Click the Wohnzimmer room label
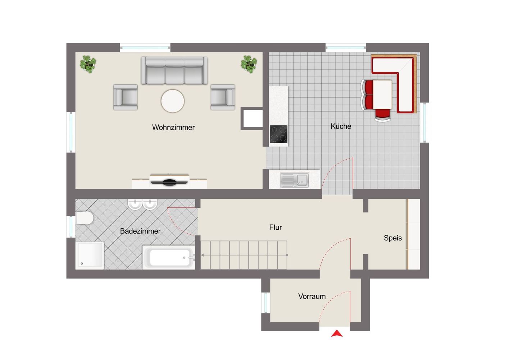click(173, 127)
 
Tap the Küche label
click(341, 126)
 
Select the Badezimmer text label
click(140, 231)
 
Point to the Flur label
click(276, 227)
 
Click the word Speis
click(393, 238)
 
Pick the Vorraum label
click(312, 296)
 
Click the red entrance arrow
click(337, 334)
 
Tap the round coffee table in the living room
click(173, 101)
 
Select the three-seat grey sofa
click(174, 70)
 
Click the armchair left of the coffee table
click(126, 97)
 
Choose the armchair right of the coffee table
click(223, 97)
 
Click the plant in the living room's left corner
click(88, 64)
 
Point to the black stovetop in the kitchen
click(278, 134)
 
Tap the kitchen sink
click(295, 180)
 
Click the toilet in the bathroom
click(84, 218)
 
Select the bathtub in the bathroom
click(169, 257)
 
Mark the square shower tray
click(90, 256)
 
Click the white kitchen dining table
click(382, 95)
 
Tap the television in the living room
click(169, 181)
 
